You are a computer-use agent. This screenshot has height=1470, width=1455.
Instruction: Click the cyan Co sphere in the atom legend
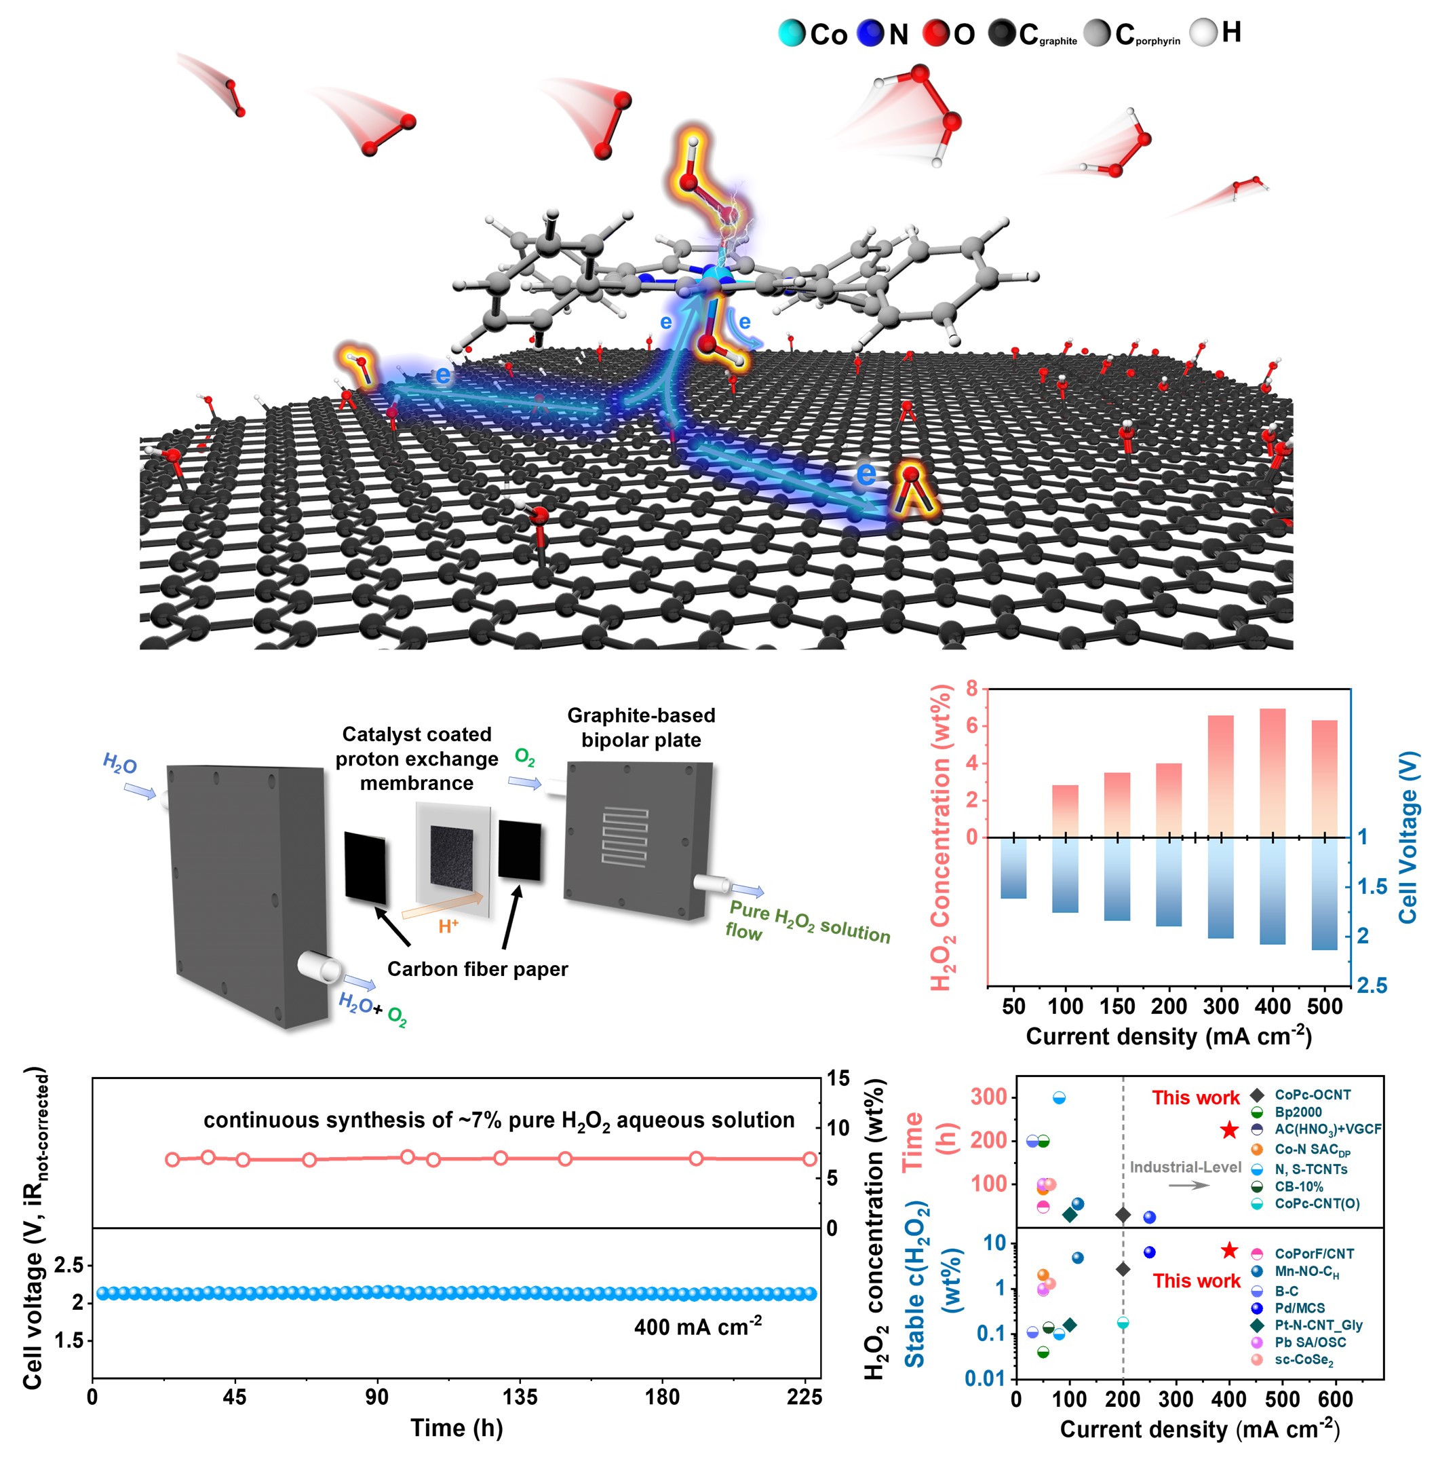[x=791, y=33]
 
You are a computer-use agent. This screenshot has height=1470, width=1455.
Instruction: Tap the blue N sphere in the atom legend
[x=870, y=33]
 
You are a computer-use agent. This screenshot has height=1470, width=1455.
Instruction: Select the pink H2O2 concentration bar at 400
[x=1272, y=772]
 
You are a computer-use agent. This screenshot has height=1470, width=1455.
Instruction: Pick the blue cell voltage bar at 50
[x=1013, y=867]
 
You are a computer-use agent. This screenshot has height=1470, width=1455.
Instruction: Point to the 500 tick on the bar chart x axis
[x=1324, y=1006]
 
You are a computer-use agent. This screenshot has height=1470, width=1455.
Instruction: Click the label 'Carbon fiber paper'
[x=477, y=968]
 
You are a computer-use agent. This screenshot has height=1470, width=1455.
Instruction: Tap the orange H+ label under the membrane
[x=448, y=926]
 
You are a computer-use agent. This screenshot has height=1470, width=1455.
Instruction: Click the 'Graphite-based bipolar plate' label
[x=640, y=728]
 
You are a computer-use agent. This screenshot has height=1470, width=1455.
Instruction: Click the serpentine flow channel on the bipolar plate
[x=625, y=837]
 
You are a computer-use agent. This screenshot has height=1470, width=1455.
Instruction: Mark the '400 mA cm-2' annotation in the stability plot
[x=697, y=1327]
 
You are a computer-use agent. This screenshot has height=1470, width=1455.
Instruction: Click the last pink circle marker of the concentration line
[x=809, y=1158]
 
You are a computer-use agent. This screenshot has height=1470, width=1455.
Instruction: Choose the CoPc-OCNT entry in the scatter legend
[x=1312, y=1095]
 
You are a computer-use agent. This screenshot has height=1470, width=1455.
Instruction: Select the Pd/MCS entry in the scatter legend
[x=1299, y=1308]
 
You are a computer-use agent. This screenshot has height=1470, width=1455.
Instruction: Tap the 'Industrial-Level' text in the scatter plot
[x=1185, y=1167]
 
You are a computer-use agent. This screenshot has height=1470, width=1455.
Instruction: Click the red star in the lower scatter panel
[x=1229, y=1251]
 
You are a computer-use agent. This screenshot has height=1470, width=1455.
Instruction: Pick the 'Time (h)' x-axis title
[x=457, y=1428]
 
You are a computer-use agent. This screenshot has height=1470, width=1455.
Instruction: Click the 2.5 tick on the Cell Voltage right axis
[x=1372, y=986]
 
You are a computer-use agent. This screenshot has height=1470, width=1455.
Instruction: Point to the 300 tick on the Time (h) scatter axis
[x=990, y=1097]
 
